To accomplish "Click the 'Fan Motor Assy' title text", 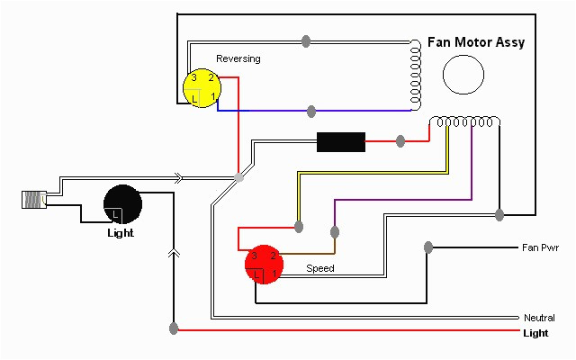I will tap(477, 42).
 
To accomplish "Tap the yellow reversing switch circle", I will tap(201, 88).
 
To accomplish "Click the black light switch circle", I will tap(123, 203).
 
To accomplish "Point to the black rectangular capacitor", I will tap(341, 141).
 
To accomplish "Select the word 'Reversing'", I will tap(238, 58).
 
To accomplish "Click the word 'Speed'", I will tap(319, 268).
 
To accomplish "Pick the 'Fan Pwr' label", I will tap(541, 247).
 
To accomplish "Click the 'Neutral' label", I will tap(539, 318).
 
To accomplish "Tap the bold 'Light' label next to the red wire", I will tap(536, 333).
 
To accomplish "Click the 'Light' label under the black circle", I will tap(120, 233).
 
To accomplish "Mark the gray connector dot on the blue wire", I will tap(311, 111).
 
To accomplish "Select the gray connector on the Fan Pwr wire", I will tap(428, 247).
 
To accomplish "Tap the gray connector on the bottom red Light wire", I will tap(173, 330).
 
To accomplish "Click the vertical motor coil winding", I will tap(415, 75).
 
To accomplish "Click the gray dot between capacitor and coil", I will tap(400, 141).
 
